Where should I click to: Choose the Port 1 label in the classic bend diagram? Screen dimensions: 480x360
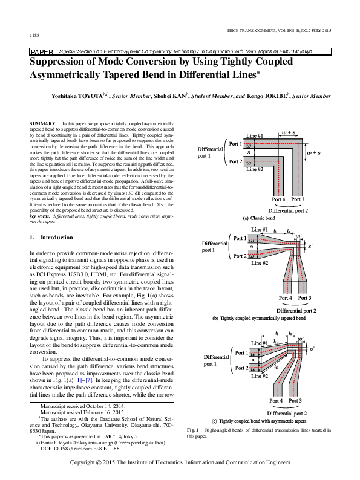[x=234, y=144]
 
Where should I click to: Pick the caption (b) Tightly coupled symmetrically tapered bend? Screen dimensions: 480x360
[x=259, y=318]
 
